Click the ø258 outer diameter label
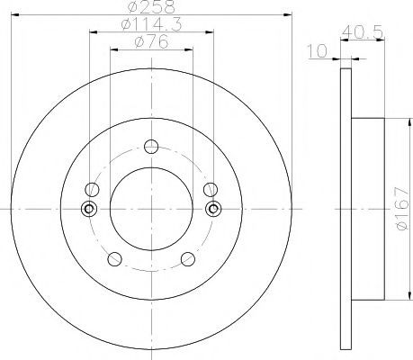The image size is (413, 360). [151, 6]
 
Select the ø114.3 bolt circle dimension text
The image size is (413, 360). [151, 24]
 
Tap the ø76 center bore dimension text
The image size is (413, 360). [151, 41]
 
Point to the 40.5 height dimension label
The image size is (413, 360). [363, 31]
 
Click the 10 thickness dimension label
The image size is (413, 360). [318, 50]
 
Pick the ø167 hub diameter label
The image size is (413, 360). [402, 209]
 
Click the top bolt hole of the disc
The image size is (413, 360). [151, 147]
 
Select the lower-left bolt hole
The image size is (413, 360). [114, 259]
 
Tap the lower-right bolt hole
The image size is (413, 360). [188, 259]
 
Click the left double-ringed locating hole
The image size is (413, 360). [89, 209]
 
